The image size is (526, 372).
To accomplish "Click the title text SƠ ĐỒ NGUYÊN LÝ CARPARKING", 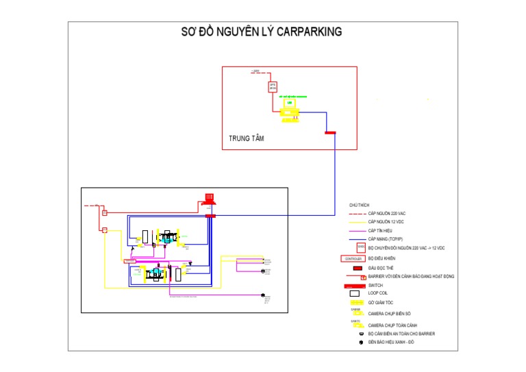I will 261,32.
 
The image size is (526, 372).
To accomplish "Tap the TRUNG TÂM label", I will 247,138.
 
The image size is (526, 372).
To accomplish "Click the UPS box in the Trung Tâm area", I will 273,87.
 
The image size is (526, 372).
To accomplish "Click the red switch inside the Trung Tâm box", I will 330,132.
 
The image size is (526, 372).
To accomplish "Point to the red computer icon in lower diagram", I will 211,198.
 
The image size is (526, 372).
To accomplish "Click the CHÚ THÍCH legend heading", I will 359,205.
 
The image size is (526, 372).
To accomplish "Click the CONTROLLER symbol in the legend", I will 352,259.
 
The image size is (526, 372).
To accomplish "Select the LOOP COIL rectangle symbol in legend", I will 354,293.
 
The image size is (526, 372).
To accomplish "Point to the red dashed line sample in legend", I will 353,214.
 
